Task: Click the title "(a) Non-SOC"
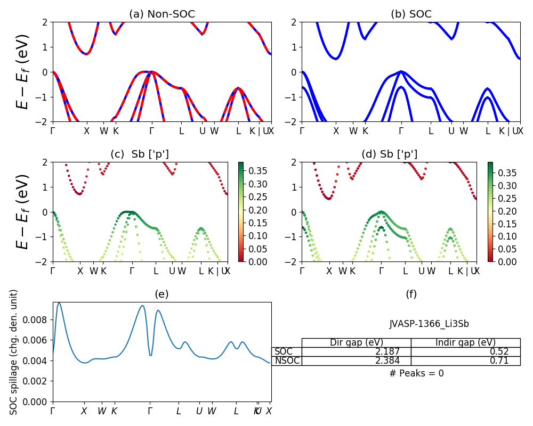coord(162,14)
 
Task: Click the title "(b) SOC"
coord(411,14)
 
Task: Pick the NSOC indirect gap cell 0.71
coord(500,361)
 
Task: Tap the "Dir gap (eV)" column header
coord(357,342)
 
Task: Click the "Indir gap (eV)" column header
coord(465,342)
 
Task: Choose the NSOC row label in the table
coord(287,361)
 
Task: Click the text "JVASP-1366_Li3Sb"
coord(429,324)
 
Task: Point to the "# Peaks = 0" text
coord(416,373)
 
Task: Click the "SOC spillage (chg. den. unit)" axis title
coord(14,352)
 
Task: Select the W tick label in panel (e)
coord(101,411)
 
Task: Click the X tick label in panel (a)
coord(87,131)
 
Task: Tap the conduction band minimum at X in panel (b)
coord(336,59)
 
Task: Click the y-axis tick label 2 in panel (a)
coord(45,22)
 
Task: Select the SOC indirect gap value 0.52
coord(500,351)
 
